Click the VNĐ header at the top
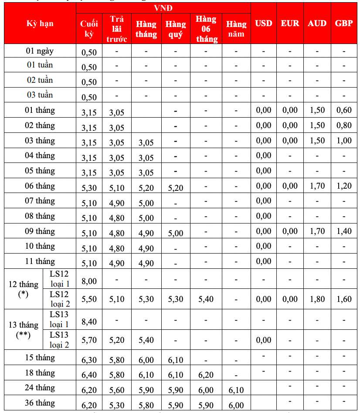point(163,8)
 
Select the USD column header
point(263,23)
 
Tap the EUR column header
point(290,23)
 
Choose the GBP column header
point(344,23)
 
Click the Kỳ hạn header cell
point(40,23)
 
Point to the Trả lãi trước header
point(117,29)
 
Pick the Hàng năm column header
point(236,29)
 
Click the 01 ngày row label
point(40,51)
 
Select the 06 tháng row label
point(40,186)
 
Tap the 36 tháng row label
point(40,403)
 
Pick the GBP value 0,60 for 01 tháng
point(344,110)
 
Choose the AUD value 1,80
point(317,299)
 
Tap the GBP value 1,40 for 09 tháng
point(344,231)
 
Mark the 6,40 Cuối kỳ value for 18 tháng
point(89,375)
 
